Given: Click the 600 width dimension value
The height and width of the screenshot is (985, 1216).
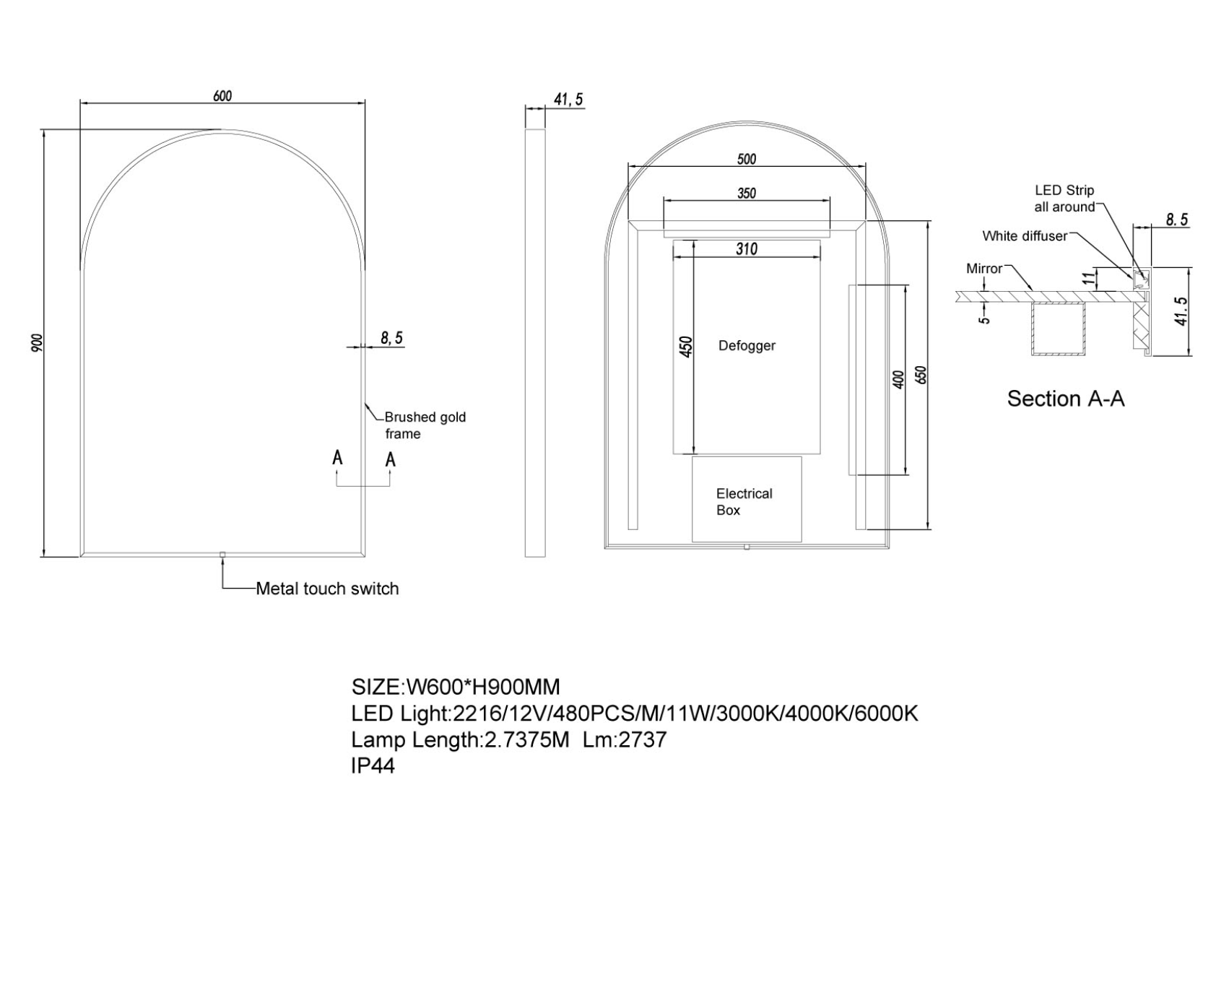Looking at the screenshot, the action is tap(222, 96).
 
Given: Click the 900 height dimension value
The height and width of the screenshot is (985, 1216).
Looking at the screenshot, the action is tap(38, 342).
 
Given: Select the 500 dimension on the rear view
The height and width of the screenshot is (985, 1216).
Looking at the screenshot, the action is tap(747, 159).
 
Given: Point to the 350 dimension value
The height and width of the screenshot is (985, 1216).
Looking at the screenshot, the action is tap(747, 193).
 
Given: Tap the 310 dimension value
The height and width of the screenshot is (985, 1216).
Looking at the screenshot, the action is tap(747, 249).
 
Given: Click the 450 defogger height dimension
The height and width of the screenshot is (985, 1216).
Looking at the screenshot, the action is tap(686, 346).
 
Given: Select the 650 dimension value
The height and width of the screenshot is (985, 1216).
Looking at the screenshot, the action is tap(921, 375).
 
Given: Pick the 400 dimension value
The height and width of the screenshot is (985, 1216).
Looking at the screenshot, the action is tap(898, 380).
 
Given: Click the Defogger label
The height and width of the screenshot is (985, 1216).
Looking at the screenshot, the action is tap(747, 345).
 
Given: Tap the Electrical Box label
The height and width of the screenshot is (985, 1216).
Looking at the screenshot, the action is tap(744, 502).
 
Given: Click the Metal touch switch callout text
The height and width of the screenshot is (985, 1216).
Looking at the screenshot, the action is tap(327, 589).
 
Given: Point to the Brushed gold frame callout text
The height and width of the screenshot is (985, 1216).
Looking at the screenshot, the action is tap(425, 425).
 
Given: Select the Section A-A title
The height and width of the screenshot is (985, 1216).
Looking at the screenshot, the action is tap(1066, 399).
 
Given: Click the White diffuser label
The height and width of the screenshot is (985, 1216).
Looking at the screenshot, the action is tap(1025, 236).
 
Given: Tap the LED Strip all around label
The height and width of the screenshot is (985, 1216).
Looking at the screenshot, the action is tap(1064, 199).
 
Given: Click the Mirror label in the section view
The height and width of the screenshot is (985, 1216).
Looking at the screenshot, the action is tap(984, 269).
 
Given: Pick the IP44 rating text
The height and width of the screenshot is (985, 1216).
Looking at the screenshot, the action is tap(373, 765).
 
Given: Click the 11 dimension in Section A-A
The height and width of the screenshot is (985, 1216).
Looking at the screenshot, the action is tap(1089, 277).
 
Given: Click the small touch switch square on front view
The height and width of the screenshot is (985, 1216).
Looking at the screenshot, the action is tap(222, 555).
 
